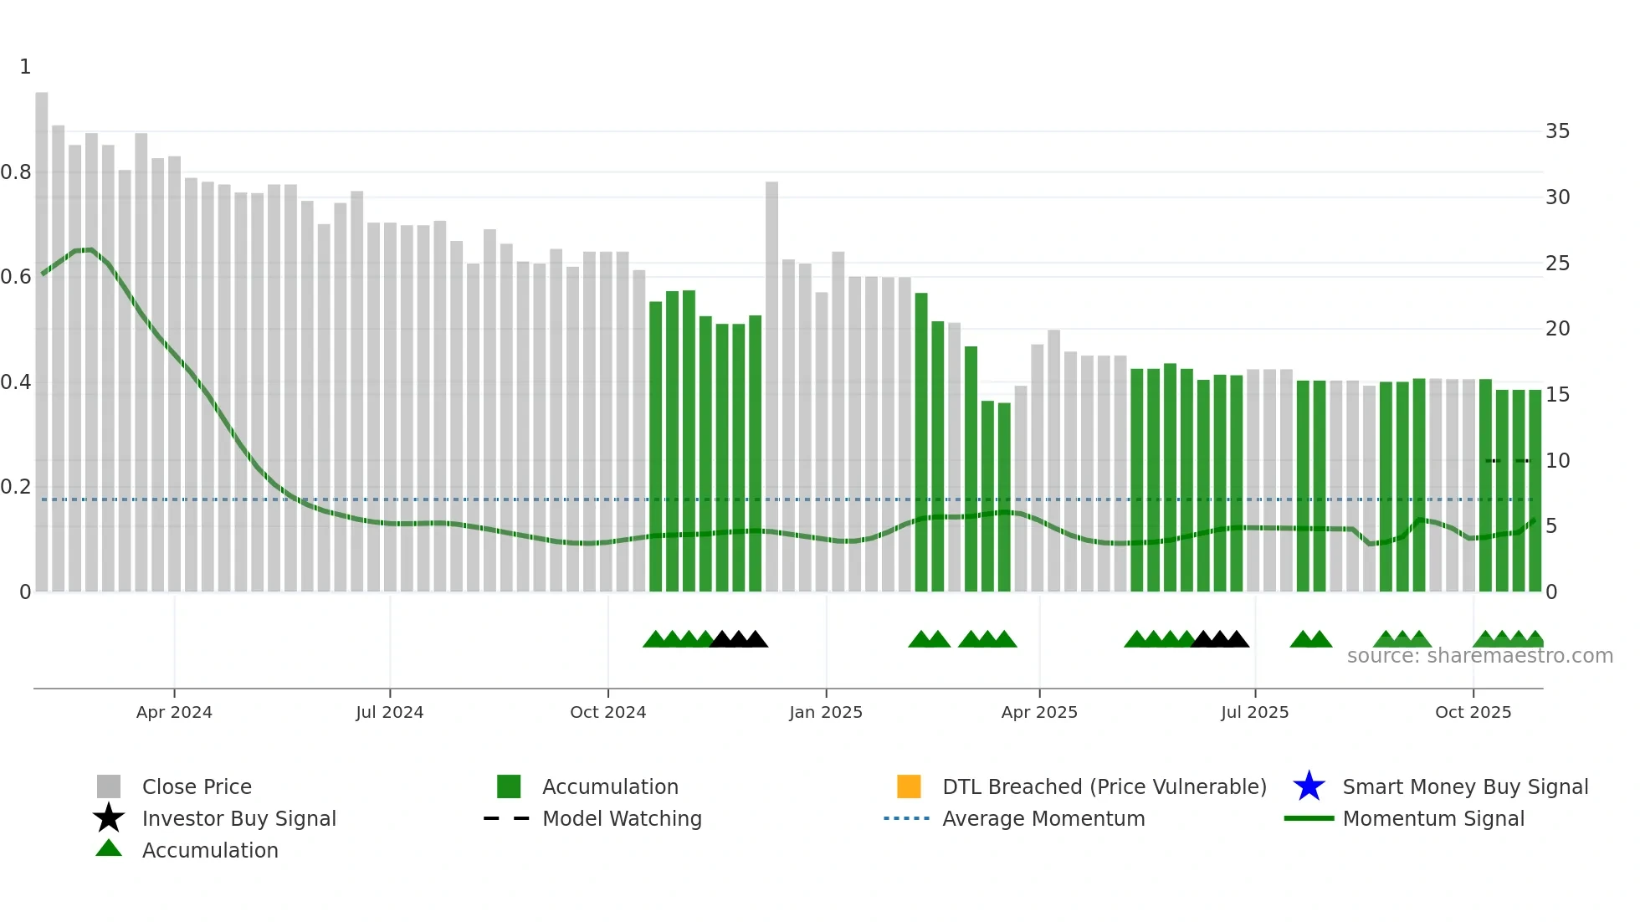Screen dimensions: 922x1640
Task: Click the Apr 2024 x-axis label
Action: (x=174, y=712)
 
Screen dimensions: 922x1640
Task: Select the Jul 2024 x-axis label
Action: (x=389, y=712)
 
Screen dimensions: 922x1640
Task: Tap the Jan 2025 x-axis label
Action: (x=825, y=712)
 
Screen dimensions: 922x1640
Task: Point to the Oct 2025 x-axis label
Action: (x=1473, y=712)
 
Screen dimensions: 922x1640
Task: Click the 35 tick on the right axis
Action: (x=1557, y=131)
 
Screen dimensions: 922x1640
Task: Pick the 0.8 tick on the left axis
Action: (x=16, y=172)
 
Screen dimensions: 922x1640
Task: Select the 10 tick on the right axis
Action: (x=1557, y=461)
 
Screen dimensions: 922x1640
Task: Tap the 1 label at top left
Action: (x=25, y=67)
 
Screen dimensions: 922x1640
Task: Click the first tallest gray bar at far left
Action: (x=42, y=335)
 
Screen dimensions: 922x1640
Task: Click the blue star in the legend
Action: (x=1309, y=786)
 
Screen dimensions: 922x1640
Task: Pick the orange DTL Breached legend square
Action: (x=909, y=786)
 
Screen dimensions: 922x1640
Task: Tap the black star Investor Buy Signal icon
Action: (x=109, y=818)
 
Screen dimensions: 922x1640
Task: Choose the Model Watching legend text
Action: (x=622, y=818)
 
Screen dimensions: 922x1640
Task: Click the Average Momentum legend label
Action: (x=1043, y=818)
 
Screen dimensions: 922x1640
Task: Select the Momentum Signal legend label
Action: (x=1433, y=818)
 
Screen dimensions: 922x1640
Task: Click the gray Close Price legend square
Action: (x=109, y=786)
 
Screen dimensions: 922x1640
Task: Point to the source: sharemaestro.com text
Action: (x=1479, y=656)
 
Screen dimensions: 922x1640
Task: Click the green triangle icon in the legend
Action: (x=109, y=848)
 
